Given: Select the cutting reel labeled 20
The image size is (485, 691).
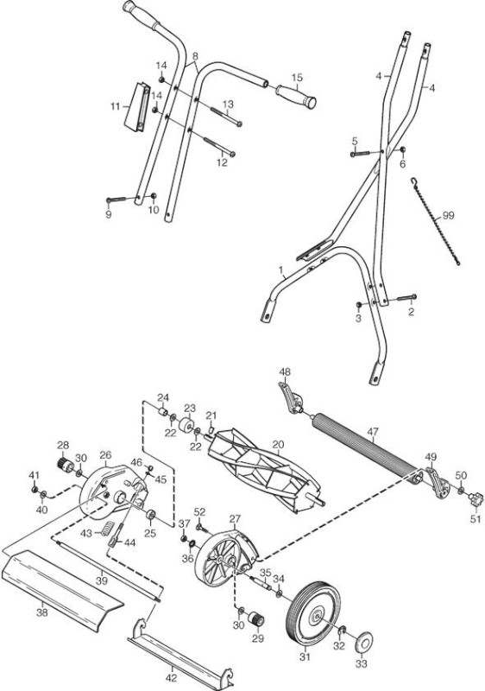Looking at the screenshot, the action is [266, 472].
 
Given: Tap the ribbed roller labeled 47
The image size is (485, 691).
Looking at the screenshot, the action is [365, 447].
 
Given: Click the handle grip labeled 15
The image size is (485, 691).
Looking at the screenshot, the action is [296, 95].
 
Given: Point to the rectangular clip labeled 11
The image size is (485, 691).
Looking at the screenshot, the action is [135, 107].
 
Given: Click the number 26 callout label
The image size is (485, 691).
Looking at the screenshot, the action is [105, 455].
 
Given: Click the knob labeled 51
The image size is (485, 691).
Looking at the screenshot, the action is [476, 500].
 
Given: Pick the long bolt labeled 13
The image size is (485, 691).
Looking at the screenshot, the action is [226, 117].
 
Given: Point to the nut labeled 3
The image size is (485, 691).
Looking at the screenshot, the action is [359, 305].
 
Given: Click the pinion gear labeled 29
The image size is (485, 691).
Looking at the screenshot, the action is [256, 619].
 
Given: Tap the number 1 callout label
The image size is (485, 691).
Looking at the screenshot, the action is [280, 268].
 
